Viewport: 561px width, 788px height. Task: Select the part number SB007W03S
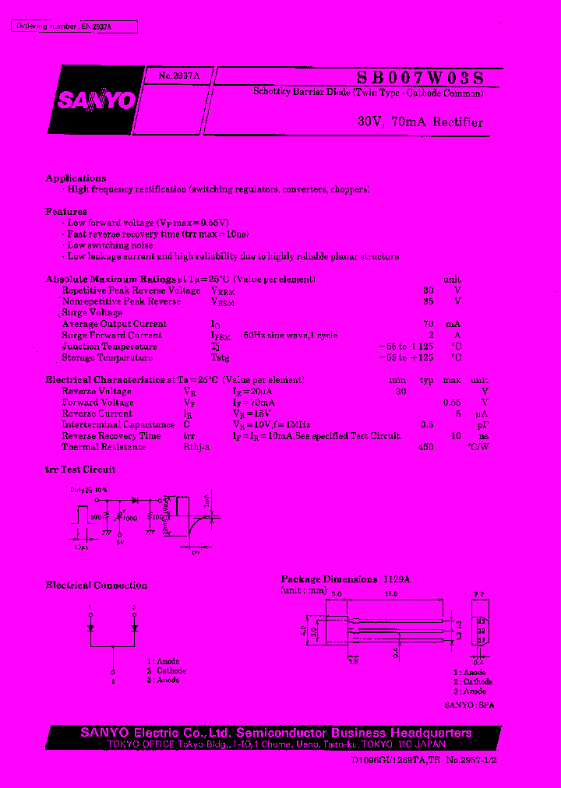coord(420,77)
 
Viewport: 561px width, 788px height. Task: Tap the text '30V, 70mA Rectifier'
coord(420,122)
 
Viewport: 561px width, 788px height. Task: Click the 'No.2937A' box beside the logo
coord(178,76)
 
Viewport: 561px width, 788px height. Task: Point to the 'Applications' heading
coord(76,178)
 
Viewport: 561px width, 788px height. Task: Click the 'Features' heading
coord(66,212)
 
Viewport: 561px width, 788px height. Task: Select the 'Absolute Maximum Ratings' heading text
coord(111,279)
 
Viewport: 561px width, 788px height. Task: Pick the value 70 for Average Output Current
coord(428,324)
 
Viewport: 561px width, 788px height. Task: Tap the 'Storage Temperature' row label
coord(107,358)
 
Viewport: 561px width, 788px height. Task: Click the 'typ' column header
coord(426,380)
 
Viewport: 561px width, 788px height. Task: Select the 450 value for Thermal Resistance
coord(425,448)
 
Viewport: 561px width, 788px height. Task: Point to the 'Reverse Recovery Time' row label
coord(111,436)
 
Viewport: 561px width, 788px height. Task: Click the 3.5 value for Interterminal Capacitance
coord(426,425)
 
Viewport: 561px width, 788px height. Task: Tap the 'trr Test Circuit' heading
coord(80,470)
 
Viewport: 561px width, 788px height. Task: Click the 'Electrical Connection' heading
coord(97,586)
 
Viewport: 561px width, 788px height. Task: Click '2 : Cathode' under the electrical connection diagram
coord(166,670)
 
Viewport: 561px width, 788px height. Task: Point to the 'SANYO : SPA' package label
coord(469,705)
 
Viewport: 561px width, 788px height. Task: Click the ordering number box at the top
coord(75,27)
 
